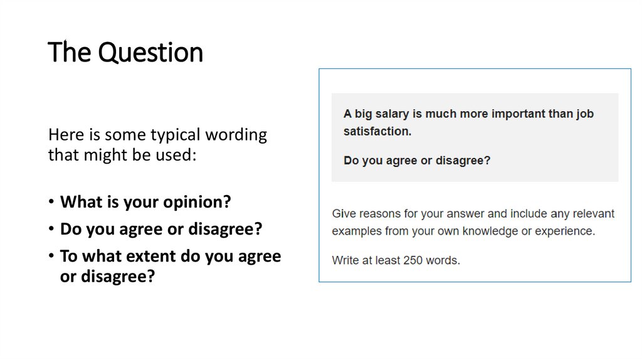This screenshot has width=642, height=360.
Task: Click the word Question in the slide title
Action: (x=151, y=53)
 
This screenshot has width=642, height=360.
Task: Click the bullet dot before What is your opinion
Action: (x=51, y=203)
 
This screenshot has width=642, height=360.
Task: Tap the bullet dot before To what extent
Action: (x=51, y=257)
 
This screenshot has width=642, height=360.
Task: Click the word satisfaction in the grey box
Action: (x=376, y=132)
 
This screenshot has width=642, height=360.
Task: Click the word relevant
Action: (x=592, y=214)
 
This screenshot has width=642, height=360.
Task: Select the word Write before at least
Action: (x=345, y=260)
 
